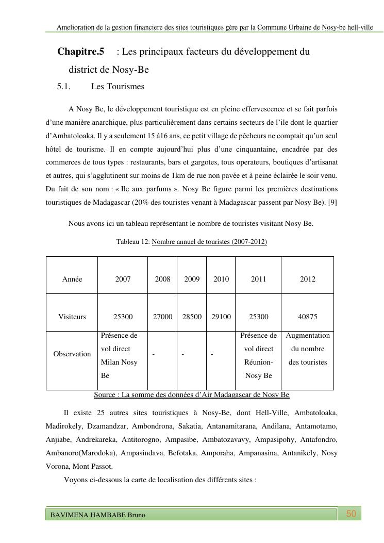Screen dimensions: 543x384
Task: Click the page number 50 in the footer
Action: (351, 514)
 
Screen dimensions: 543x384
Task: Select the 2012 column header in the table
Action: (307, 279)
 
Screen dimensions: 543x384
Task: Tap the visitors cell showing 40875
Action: (307, 317)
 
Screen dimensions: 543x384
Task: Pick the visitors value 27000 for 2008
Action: (162, 317)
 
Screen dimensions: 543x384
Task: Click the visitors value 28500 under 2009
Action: (192, 317)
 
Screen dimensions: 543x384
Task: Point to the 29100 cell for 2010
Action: (221, 317)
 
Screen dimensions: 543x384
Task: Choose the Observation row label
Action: (72, 354)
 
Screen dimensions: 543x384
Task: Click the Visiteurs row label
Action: (72, 317)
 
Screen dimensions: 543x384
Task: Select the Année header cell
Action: (72, 279)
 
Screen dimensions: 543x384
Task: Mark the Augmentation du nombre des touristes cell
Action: (308, 349)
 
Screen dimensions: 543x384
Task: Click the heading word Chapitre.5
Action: (81, 52)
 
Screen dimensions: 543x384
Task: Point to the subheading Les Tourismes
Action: (118, 86)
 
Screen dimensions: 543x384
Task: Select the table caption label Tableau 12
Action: (132, 241)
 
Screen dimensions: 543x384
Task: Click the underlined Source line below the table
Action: (192, 395)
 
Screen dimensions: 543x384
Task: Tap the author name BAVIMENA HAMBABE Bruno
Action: (97, 515)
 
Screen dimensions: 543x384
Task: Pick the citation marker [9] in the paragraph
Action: (332, 202)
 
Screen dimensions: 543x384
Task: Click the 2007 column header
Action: (123, 279)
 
